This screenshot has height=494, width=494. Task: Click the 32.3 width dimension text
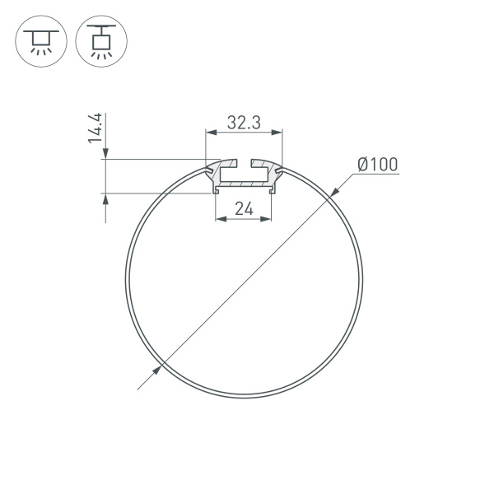point(244,123)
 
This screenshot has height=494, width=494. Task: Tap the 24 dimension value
point(243,208)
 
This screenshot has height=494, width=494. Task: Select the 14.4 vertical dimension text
point(96,129)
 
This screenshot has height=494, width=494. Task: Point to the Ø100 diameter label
point(378,165)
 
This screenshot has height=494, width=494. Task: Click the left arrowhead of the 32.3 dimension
point(209,132)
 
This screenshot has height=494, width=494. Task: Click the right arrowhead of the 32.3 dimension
point(278,132)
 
